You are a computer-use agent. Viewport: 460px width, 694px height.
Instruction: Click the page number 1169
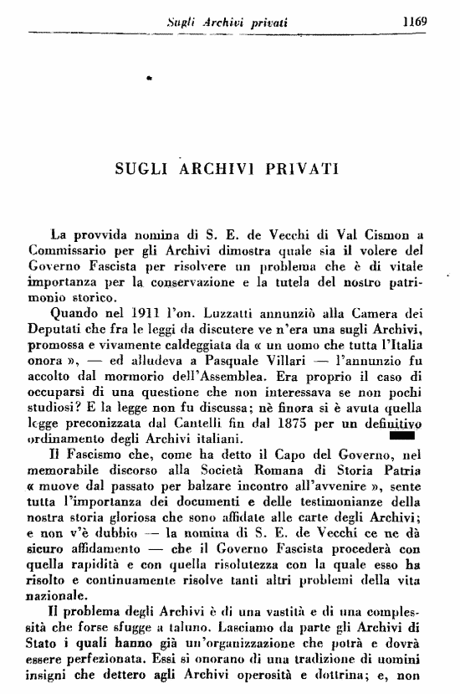(415, 22)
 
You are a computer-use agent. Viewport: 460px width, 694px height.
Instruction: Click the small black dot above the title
(147, 78)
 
